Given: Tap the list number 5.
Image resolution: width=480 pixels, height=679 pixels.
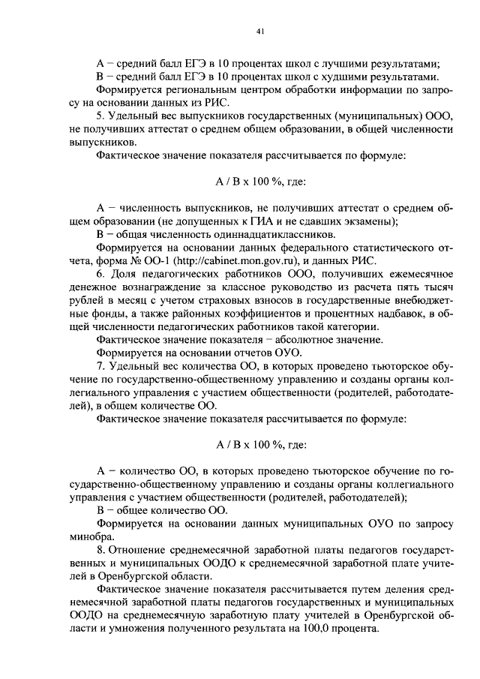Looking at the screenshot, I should pyautogui.click(x=100, y=116).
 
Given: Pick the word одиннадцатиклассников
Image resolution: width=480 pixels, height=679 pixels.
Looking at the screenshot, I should pyautogui.click(x=256, y=234).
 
